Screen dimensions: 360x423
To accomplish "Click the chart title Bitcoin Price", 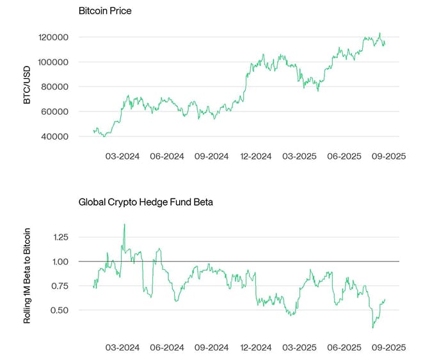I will coord(105,12).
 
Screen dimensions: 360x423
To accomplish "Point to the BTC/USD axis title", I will coord(26,87).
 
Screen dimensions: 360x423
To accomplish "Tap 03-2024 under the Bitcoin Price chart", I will coord(122,156).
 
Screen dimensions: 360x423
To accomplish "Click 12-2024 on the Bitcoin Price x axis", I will coord(255,156).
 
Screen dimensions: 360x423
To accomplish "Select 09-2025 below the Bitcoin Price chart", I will coord(388,156).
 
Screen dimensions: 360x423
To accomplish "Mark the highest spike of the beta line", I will coord(124,224).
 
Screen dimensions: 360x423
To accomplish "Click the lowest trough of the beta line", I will coord(373,328).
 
